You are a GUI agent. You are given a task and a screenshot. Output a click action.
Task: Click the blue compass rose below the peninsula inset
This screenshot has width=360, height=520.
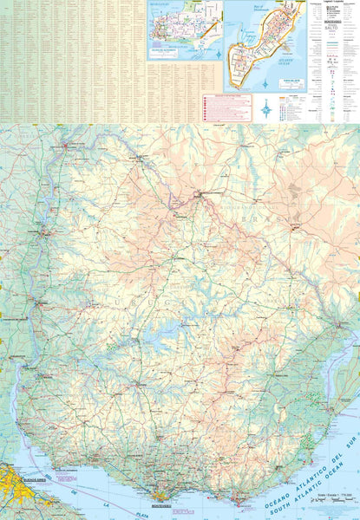(x=266, y=108)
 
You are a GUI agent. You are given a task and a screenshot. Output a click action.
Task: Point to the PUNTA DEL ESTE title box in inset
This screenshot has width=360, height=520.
(x=287, y=83)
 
